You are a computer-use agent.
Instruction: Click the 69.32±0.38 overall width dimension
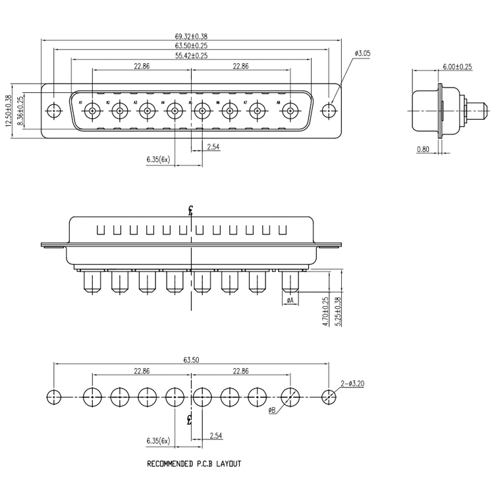tap(190, 37)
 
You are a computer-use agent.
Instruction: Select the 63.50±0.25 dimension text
tap(190, 46)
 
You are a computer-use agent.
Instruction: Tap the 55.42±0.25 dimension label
tap(190, 56)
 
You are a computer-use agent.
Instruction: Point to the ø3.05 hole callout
tap(364, 53)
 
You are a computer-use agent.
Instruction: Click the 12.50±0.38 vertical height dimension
tap(9, 111)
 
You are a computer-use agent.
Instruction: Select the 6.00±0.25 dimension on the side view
tap(457, 67)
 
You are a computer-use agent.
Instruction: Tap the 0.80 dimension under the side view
tap(423, 150)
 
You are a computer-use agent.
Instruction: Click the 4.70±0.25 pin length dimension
tap(325, 308)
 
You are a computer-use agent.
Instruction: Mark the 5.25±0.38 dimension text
tap(339, 308)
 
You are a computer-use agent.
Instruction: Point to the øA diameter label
tap(290, 300)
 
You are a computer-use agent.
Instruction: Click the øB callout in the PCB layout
tap(272, 412)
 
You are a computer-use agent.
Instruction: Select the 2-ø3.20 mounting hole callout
tap(352, 383)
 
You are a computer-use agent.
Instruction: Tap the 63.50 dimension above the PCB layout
tap(190, 360)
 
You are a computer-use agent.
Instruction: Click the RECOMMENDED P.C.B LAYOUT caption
tap(194, 464)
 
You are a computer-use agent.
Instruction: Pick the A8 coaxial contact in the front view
tap(290, 111)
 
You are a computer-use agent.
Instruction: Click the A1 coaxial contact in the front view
tap(93, 111)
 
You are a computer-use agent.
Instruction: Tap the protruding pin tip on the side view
tap(480, 106)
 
